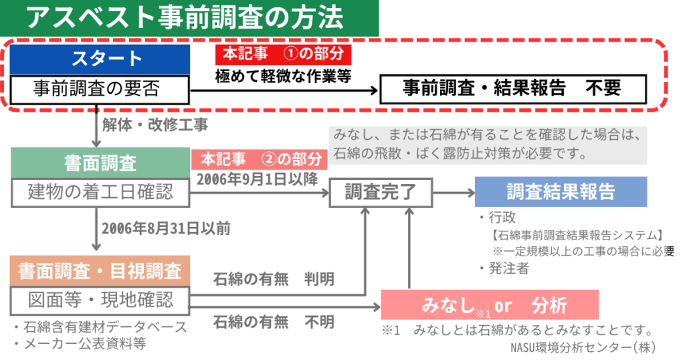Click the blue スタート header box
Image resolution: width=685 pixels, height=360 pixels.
click(x=100, y=58)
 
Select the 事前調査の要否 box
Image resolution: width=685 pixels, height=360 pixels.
click(x=100, y=88)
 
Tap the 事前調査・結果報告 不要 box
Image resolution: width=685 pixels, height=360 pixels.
click(x=512, y=88)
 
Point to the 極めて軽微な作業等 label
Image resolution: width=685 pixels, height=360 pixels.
click(x=283, y=76)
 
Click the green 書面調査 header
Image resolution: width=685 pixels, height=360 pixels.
click(x=100, y=163)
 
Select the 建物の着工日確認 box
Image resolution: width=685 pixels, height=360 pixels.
click(x=100, y=192)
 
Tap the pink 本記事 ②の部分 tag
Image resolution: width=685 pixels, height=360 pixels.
click(x=260, y=160)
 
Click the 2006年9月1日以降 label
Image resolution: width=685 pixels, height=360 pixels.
click(x=257, y=179)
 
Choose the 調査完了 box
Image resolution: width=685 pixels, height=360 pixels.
click(x=379, y=193)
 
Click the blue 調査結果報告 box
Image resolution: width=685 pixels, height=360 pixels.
click(x=561, y=191)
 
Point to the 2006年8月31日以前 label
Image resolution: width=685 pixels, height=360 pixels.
click(x=166, y=228)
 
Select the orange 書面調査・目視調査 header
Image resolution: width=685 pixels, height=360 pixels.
click(x=100, y=271)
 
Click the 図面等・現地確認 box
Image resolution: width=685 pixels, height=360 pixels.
click(x=100, y=298)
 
